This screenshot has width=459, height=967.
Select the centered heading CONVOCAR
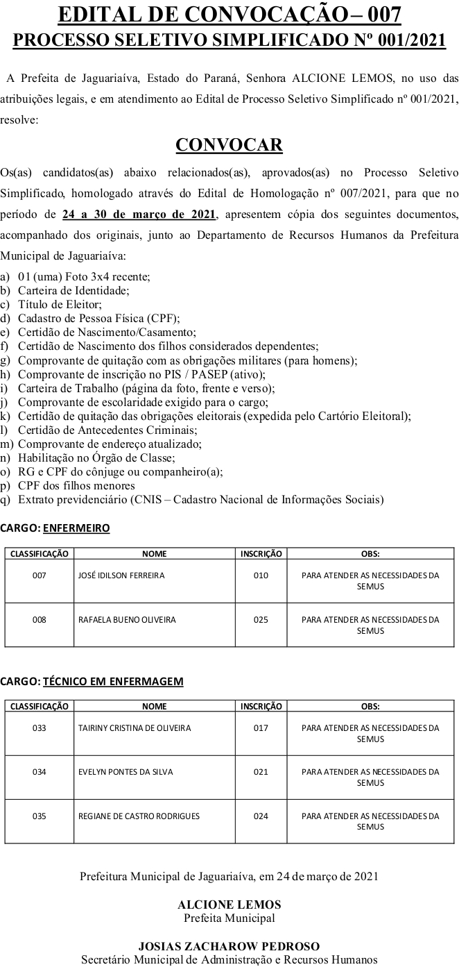click(x=229, y=144)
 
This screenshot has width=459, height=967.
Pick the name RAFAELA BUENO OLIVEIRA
click(x=127, y=620)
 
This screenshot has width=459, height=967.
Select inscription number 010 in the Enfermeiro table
click(x=261, y=575)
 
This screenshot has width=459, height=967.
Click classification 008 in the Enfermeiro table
click(x=40, y=620)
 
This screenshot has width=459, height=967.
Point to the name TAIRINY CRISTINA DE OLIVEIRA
click(x=135, y=728)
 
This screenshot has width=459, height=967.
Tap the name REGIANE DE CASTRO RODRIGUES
click(x=139, y=816)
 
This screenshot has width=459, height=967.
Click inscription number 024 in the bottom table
click(x=261, y=816)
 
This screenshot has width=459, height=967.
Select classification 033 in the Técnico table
click(x=40, y=728)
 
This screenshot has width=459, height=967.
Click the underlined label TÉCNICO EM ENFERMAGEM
click(x=113, y=681)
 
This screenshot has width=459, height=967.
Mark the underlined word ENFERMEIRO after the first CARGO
click(x=76, y=528)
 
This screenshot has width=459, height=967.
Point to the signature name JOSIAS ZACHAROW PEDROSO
click(x=229, y=946)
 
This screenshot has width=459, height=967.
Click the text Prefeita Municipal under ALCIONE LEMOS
click(x=229, y=918)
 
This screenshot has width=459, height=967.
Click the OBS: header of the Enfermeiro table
click(x=370, y=554)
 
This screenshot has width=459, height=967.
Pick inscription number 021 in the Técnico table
click(x=261, y=772)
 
